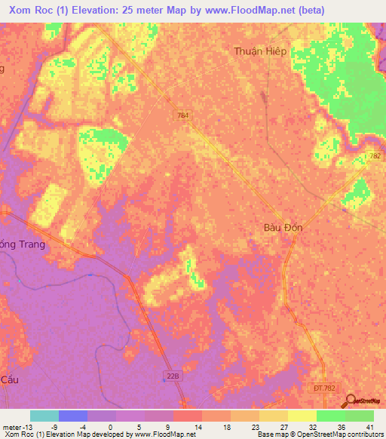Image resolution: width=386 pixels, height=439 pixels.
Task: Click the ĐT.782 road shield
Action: pyautogui.click(x=319, y=387)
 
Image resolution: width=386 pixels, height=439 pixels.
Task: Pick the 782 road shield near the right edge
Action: pyautogui.click(x=375, y=155)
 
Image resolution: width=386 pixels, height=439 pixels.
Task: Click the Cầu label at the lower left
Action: pyautogui.click(x=10, y=379)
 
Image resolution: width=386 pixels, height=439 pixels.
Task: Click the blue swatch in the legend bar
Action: pyautogui.click(x=72, y=416)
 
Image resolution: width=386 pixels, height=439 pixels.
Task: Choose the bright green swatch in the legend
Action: pyautogui.click(x=330, y=416)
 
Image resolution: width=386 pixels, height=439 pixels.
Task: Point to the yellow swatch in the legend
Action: pyautogui.click(x=302, y=416)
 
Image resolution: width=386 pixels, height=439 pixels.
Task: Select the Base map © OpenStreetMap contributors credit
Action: pyautogui.click(x=317, y=435)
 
